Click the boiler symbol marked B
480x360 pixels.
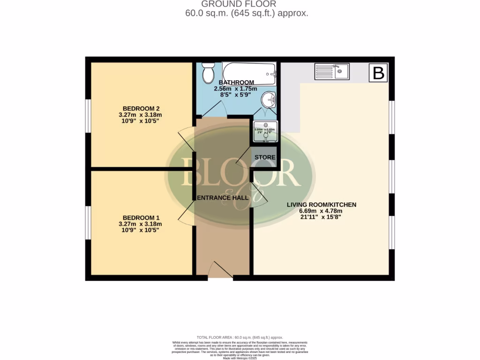[x=378, y=73]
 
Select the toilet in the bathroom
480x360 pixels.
[x=208, y=73]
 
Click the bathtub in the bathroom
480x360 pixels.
[x=249, y=73]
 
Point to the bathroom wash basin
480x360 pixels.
[x=269, y=99]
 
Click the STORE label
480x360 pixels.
[x=265, y=157]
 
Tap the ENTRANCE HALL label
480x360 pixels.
[x=222, y=198]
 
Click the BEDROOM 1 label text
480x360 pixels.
[x=141, y=217]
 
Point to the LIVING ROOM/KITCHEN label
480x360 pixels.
[x=322, y=204]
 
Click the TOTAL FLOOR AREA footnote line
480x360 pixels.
[x=240, y=337]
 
